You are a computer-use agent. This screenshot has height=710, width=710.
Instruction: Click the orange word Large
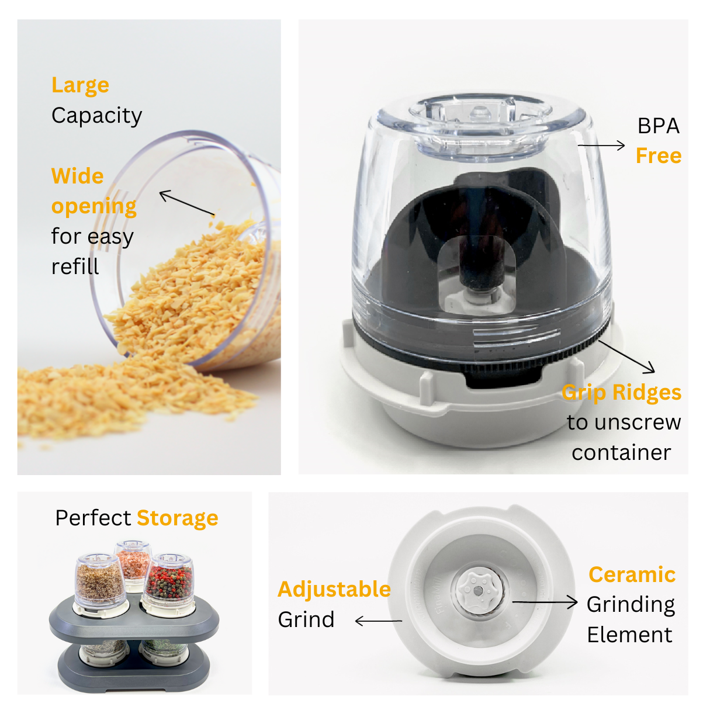point(80,85)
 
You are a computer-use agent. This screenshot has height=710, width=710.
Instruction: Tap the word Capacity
point(96,116)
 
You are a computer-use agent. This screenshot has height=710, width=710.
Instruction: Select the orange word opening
point(93,207)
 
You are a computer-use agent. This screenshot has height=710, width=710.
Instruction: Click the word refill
point(75,267)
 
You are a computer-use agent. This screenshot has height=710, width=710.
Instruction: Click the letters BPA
point(658,126)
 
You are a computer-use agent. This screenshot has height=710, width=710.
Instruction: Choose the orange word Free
point(659,156)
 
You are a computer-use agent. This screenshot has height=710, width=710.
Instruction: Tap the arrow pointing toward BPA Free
point(601,145)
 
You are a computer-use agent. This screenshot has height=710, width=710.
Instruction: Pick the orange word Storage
point(178,518)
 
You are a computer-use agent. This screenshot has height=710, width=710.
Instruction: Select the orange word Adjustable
point(334,589)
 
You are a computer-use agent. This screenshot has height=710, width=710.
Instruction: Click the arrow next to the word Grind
point(378,621)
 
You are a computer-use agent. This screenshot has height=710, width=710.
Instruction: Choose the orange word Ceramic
point(632,574)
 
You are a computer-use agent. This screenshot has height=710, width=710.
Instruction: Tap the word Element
point(629,635)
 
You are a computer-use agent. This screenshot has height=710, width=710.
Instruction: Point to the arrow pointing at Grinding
point(545,602)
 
